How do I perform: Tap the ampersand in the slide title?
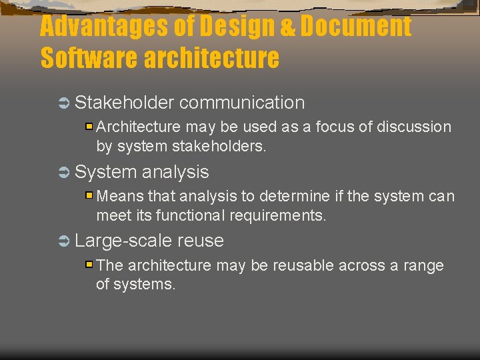[288, 28]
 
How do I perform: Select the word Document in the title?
[356, 27]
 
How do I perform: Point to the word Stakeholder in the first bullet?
[124, 103]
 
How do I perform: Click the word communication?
[241, 103]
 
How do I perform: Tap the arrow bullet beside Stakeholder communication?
[64, 103]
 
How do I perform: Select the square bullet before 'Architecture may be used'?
[89, 126]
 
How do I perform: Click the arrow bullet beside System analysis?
[64, 173]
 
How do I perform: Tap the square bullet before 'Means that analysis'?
[89, 195]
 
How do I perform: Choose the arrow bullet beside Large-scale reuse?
[64, 241]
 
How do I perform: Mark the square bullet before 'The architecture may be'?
[89, 265]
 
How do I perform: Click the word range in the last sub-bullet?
[423, 266]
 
